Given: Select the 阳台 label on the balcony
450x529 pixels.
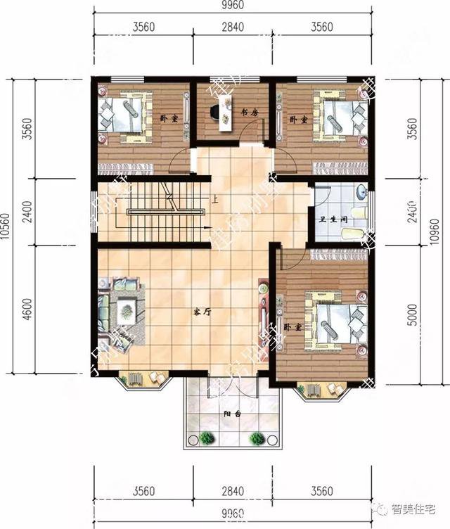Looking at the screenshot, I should [233, 414].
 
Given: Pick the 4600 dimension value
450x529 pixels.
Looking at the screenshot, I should [27, 310].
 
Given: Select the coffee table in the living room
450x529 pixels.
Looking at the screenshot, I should [127, 307].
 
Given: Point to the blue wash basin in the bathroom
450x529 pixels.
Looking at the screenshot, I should [361, 191].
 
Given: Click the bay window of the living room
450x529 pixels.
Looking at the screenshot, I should [143, 380].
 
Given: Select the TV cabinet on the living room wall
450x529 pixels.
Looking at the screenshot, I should [263, 313].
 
